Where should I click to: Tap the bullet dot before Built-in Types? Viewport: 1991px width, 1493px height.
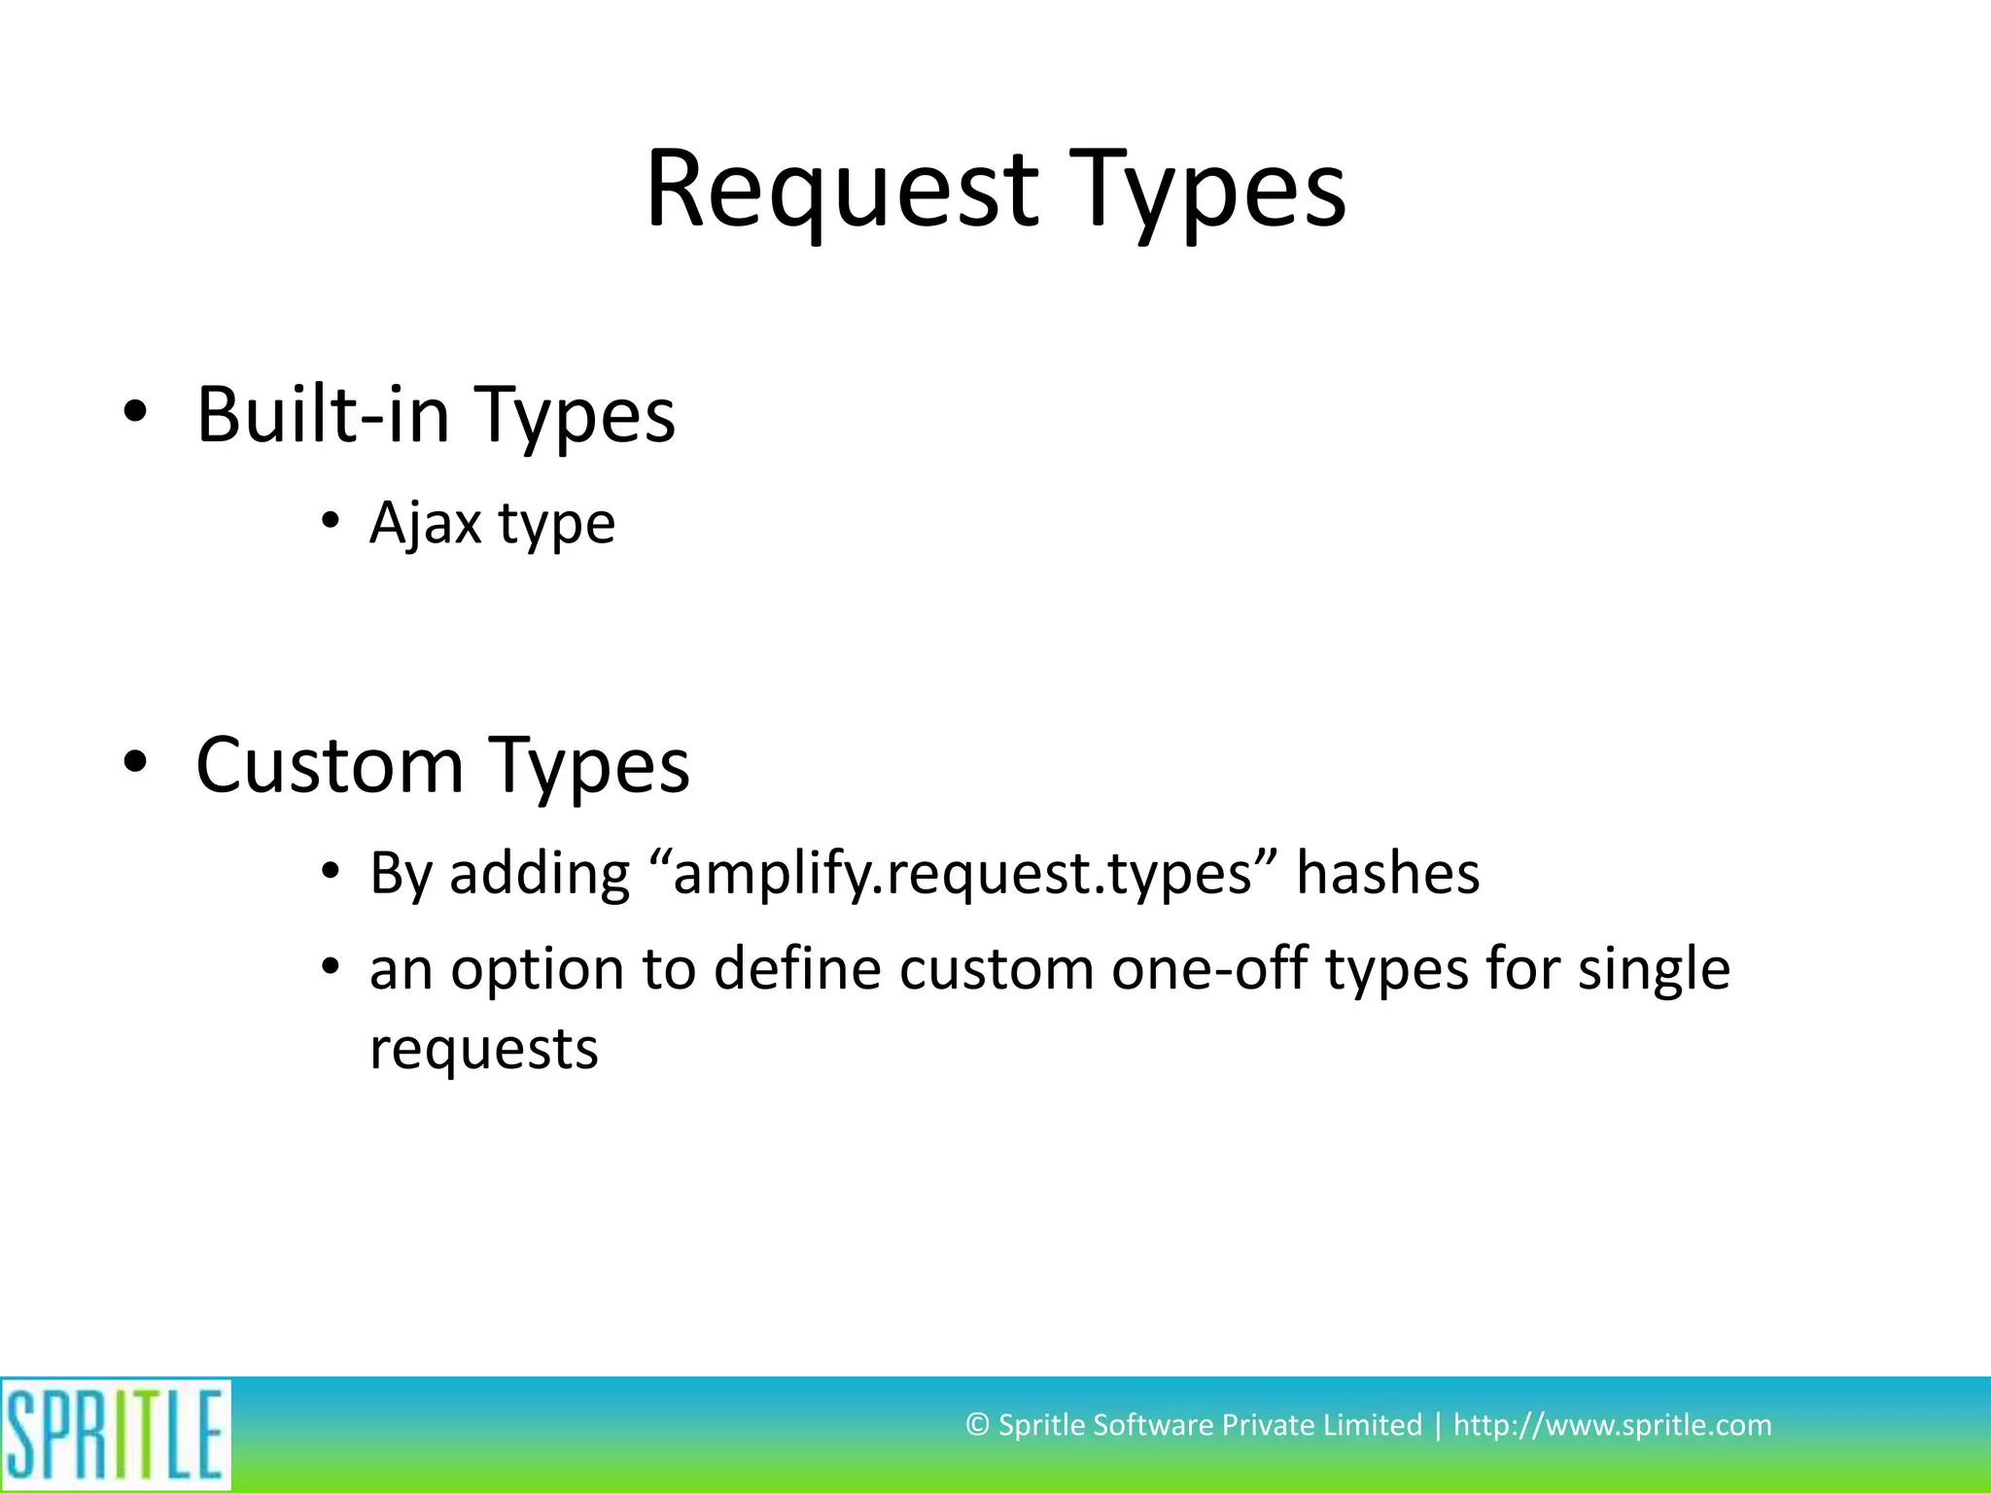point(135,412)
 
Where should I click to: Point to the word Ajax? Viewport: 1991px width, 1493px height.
point(426,523)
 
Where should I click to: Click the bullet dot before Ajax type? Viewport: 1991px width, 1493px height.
point(331,522)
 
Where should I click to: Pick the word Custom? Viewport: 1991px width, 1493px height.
point(331,765)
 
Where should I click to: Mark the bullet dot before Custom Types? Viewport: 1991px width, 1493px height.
point(135,761)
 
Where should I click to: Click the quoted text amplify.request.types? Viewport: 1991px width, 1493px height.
point(962,873)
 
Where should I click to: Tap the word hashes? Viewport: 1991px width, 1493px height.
point(1387,873)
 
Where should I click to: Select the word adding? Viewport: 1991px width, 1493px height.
point(540,873)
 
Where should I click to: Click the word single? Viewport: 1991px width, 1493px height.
point(1653,970)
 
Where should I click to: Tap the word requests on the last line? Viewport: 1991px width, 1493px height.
point(484,1050)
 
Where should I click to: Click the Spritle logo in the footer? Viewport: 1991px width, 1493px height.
point(116,1435)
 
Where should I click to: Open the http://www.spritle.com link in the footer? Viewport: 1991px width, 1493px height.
point(1612,1425)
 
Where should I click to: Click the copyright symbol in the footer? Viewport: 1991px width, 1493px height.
point(977,1425)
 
